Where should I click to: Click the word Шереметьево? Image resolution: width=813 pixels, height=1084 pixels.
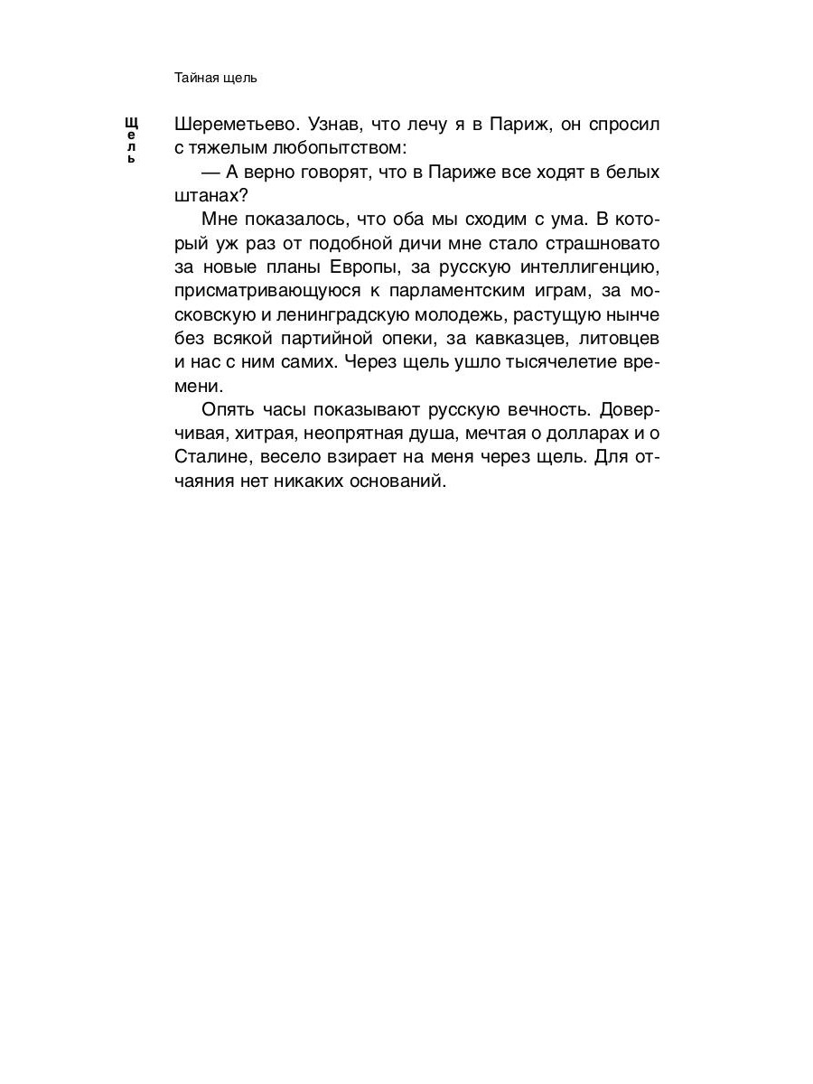coord(235,124)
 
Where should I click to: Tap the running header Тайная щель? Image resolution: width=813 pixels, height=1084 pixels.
coord(216,78)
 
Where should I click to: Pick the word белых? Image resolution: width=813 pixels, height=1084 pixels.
coord(632,172)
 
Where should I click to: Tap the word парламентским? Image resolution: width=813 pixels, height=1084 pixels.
coord(447,290)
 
